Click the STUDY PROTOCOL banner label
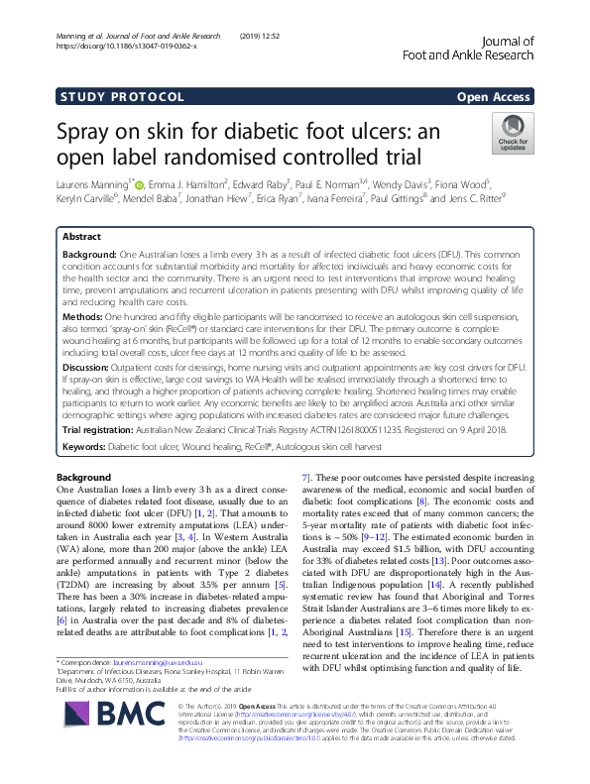pos(121,97)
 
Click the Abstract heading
pos(81,238)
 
